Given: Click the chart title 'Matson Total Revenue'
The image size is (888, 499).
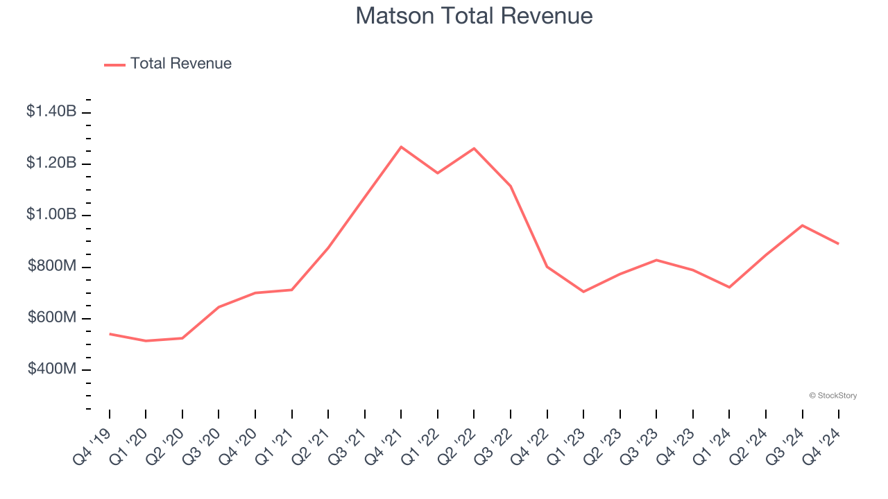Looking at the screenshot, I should [x=474, y=16].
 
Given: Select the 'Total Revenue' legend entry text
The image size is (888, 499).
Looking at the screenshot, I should [x=180, y=64].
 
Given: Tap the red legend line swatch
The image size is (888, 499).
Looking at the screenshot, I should [x=114, y=64].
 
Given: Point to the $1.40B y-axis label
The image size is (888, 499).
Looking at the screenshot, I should [x=51, y=111].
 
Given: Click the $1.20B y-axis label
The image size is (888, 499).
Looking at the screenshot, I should [x=51, y=163].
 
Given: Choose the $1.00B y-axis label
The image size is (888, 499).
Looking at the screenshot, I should [x=51, y=214].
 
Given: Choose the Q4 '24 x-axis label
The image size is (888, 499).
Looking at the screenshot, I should [x=823, y=445].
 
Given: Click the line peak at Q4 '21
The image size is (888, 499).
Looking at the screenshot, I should [x=401, y=147].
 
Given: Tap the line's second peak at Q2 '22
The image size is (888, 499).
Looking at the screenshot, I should [x=474, y=148].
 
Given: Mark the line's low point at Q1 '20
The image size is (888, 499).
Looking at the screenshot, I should [x=146, y=341].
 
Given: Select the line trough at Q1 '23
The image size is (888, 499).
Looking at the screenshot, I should [x=583, y=292].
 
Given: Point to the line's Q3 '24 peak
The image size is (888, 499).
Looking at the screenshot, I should [x=802, y=225].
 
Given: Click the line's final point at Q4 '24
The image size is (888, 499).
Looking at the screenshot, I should [x=838, y=244].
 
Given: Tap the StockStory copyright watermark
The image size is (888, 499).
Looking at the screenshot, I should [x=832, y=396].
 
